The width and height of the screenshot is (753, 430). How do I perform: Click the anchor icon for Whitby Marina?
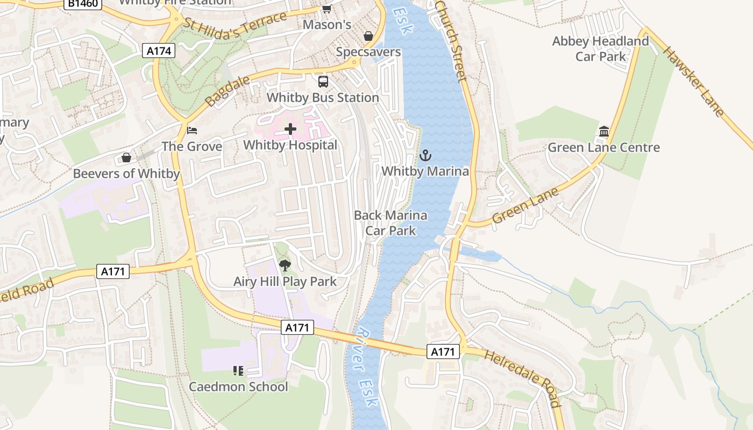[425, 156]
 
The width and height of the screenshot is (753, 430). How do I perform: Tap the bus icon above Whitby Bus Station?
[323, 82]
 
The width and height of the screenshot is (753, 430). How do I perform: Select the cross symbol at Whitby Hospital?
[290, 129]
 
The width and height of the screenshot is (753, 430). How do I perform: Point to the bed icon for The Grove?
[192, 131]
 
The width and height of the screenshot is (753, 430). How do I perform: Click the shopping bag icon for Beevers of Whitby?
[126, 157]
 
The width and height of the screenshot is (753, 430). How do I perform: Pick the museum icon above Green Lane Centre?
[603, 132]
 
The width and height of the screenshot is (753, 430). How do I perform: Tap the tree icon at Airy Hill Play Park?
[285, 265]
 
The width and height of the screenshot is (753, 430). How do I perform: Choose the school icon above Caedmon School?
[238, 370]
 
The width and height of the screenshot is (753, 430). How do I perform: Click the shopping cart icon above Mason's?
[326, 9]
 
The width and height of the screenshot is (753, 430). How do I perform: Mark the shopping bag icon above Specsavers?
[368, 36]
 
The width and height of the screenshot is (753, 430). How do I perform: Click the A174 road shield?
[160, 51]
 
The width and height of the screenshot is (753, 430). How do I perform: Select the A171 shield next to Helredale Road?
[444, 352]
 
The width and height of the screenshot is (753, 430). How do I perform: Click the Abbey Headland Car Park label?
[601, 49]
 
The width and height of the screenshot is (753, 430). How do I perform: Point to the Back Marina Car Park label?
[390, 223]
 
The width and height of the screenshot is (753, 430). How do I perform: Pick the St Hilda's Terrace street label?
[236, 27]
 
